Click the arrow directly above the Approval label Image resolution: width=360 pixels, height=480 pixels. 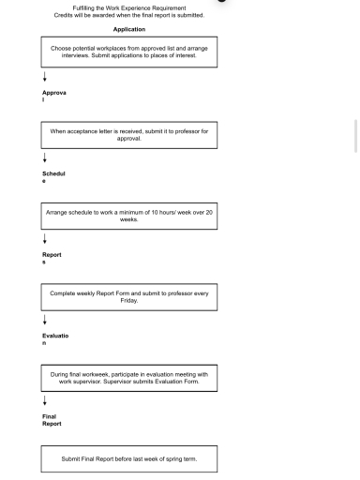44,79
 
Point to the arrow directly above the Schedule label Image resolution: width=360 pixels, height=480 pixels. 44,159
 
